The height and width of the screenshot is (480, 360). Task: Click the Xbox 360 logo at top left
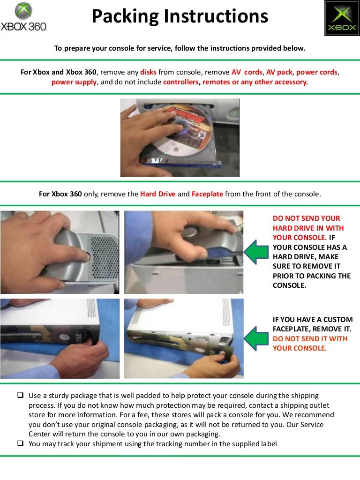point(24,17)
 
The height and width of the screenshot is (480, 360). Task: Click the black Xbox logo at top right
point(342,18)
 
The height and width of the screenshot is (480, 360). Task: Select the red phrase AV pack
point(279,72)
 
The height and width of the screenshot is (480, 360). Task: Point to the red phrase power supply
point(74,82)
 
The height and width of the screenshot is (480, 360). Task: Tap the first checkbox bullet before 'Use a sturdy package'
point(21,396)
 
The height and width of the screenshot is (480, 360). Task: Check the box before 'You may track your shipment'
point(21,443)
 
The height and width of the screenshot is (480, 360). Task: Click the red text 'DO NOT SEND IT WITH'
point(310,338)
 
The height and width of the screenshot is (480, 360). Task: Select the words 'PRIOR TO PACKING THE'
point(311,276)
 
